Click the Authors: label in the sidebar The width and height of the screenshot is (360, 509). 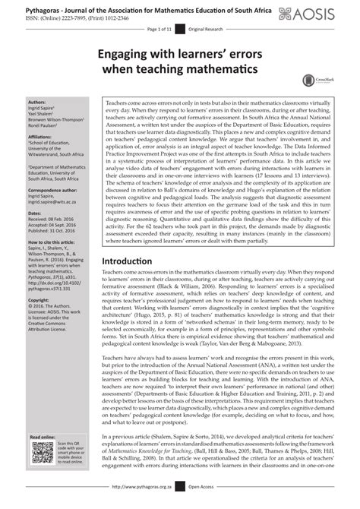tap(37, 101)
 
